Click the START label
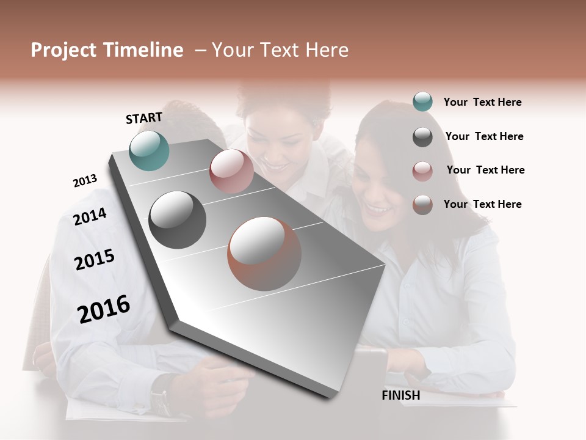144,118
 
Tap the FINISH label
400,395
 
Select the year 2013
85,181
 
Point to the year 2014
90,216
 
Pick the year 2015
94,260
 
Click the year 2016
104,309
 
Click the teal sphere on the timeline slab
149,150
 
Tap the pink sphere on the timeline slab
231,170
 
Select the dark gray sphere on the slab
177,220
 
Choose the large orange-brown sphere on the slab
264,254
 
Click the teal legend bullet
422,102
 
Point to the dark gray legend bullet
422,137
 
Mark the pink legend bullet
422,171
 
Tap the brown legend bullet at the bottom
422,205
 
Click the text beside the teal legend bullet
482,103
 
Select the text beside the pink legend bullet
485,170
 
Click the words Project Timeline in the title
107,50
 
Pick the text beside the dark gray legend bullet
484,136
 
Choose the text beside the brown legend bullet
482,204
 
